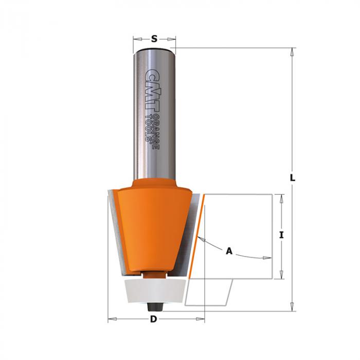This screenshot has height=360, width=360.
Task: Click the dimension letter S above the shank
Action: (x=154, y=39)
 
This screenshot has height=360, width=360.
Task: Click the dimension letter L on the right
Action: (x=292, y=178)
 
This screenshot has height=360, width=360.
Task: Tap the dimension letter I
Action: (x=281, y=235)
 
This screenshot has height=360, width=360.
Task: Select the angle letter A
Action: (x=229, y=251)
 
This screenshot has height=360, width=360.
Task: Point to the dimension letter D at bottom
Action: (x=153, y=319)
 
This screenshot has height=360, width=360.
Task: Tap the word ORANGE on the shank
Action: (x=156, y=132)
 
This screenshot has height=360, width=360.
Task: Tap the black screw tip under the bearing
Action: (x=154, y=307)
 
